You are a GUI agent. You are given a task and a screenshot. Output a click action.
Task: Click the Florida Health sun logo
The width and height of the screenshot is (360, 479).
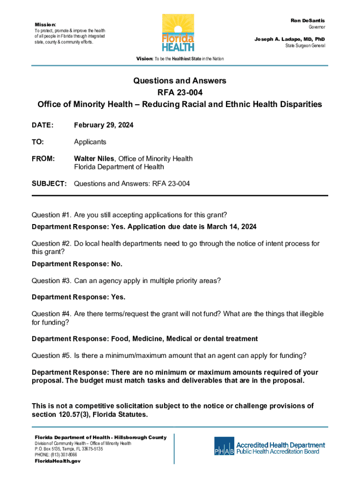pos(178,33)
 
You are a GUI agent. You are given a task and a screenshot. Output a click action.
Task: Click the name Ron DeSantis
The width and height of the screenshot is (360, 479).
pos(308,21)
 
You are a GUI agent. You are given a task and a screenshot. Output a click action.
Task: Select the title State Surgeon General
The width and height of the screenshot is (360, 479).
pos(305,46)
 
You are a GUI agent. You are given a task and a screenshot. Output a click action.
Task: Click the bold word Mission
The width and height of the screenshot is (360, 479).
pos(45,24)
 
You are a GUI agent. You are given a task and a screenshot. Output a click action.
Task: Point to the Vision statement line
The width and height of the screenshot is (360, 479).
pos(180,59)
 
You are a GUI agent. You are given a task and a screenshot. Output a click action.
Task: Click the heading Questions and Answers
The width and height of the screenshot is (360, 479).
pos(180,81)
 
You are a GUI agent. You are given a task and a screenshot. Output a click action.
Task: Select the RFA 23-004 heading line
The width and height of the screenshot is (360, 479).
pos(180,93)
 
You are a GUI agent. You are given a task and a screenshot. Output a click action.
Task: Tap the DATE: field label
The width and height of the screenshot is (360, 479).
pos(43,125)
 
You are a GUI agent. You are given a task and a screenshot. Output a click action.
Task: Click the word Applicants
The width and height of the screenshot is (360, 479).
pos(90,142)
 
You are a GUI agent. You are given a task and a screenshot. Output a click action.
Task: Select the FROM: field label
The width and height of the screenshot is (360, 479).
pos(43,159)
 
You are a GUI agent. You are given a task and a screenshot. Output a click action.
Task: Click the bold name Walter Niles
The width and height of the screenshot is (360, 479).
pos(95,159)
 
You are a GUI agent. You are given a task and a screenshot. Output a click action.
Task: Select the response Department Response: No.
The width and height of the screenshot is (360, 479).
pos(77,264)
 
